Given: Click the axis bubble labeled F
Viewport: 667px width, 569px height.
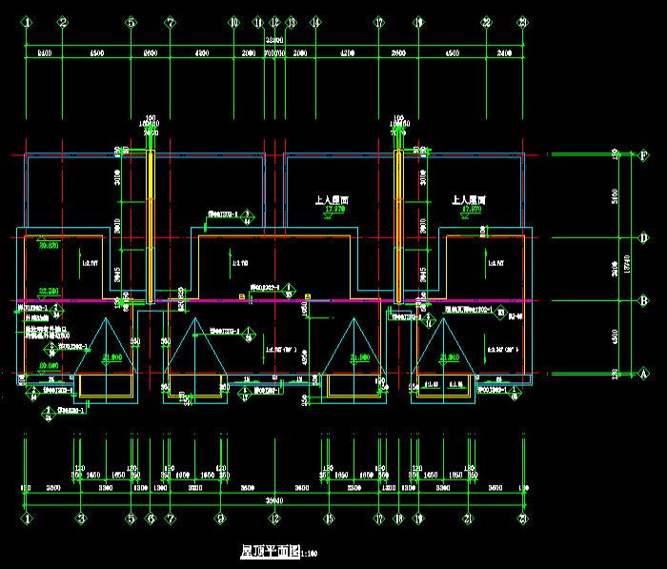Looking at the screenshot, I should click(644, 155).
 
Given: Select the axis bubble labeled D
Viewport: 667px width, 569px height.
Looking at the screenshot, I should click(644, 237).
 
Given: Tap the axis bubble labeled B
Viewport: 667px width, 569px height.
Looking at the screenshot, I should click(644, 301).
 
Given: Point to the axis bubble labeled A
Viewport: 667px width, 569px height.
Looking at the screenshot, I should click(644, 374).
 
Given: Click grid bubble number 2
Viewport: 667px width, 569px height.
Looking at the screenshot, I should click(63, 22).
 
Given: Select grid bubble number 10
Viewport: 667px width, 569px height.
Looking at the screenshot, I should click(233, 22).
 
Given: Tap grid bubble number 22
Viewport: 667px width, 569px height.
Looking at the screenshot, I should click(486, 22).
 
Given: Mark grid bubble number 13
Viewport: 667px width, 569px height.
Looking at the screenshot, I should click(291, 22).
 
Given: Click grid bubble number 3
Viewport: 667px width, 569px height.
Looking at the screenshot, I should click(81, 519).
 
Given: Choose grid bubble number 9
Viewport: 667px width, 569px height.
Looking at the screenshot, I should click(220, 519).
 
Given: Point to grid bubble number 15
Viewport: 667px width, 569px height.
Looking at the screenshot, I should click(329, 519).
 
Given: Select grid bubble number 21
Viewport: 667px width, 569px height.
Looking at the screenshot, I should click(469, 519).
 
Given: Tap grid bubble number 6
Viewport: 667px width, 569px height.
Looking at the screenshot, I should click(151, 519).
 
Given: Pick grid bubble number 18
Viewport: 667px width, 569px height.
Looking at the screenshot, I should click(399, 519).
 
